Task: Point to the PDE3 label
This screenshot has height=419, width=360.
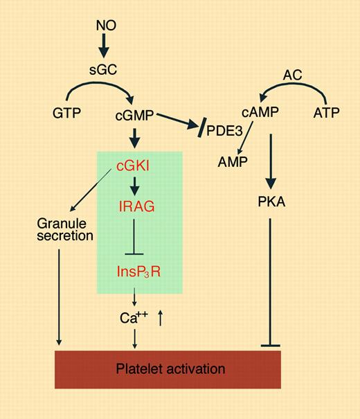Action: tap(224, 132)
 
